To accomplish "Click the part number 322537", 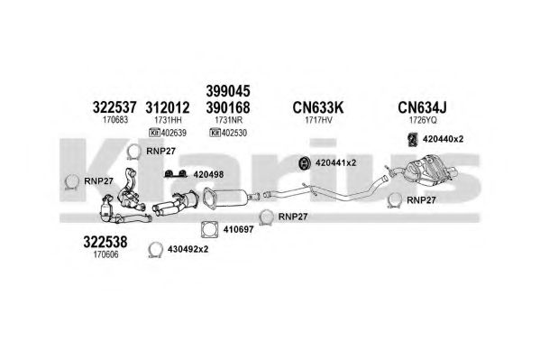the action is point(114,107).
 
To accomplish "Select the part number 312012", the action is point(168,107).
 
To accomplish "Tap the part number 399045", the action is point(228,91).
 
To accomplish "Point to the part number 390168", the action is point(228,107).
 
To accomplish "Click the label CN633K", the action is point(318,107).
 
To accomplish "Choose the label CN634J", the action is point(422,107).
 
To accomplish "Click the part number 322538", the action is point(105,242).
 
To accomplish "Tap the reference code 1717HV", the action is point(318,120).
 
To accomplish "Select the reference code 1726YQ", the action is point(423,120).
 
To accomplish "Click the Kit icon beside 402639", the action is point(155,133).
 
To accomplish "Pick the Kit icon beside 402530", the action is point(215,133).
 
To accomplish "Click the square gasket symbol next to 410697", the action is point(210,229).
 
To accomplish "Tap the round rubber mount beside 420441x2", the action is point(305,163).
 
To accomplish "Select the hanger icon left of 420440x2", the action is point(413,139).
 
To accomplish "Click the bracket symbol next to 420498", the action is point(176,174).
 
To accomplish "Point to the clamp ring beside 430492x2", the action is point(155,250).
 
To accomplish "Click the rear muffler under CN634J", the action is point(429,171).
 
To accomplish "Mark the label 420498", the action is point(208,174).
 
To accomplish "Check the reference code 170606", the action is point(106,254).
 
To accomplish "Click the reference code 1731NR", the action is point(229,120).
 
